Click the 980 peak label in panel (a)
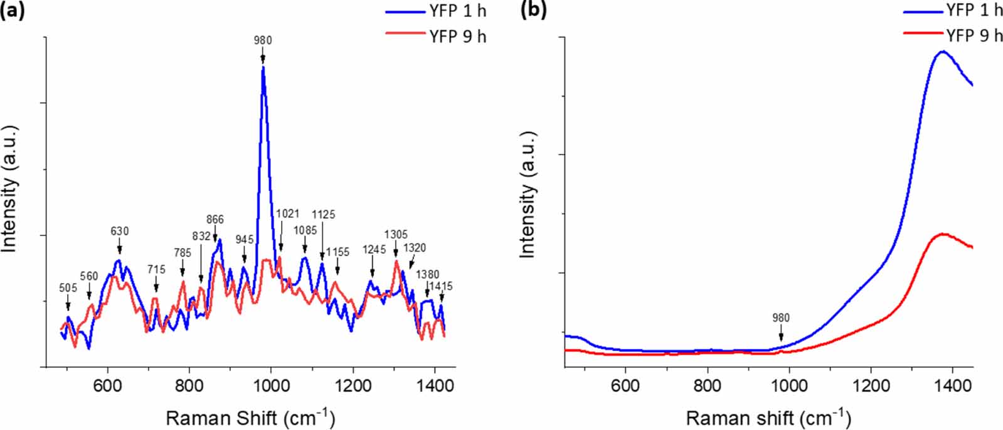[263, 40]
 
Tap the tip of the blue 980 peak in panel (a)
[263, 67]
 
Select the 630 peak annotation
[119, 231]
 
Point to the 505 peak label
[68, 288]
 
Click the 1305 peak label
[396, 234]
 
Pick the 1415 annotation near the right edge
[441, 286]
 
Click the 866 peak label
[215, 219]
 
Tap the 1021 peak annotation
[287, 213]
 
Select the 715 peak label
[156, 269]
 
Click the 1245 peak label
[374, 249]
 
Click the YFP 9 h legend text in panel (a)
[457, 36]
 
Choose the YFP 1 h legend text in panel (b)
[974, 10]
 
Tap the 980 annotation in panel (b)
[780, 318]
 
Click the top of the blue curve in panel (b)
[942, 51]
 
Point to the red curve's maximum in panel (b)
[942, 234]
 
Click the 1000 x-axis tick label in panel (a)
[271, 384]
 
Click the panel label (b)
[533, 10]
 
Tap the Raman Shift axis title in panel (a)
[250, 418]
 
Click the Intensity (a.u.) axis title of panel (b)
[528, 195]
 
